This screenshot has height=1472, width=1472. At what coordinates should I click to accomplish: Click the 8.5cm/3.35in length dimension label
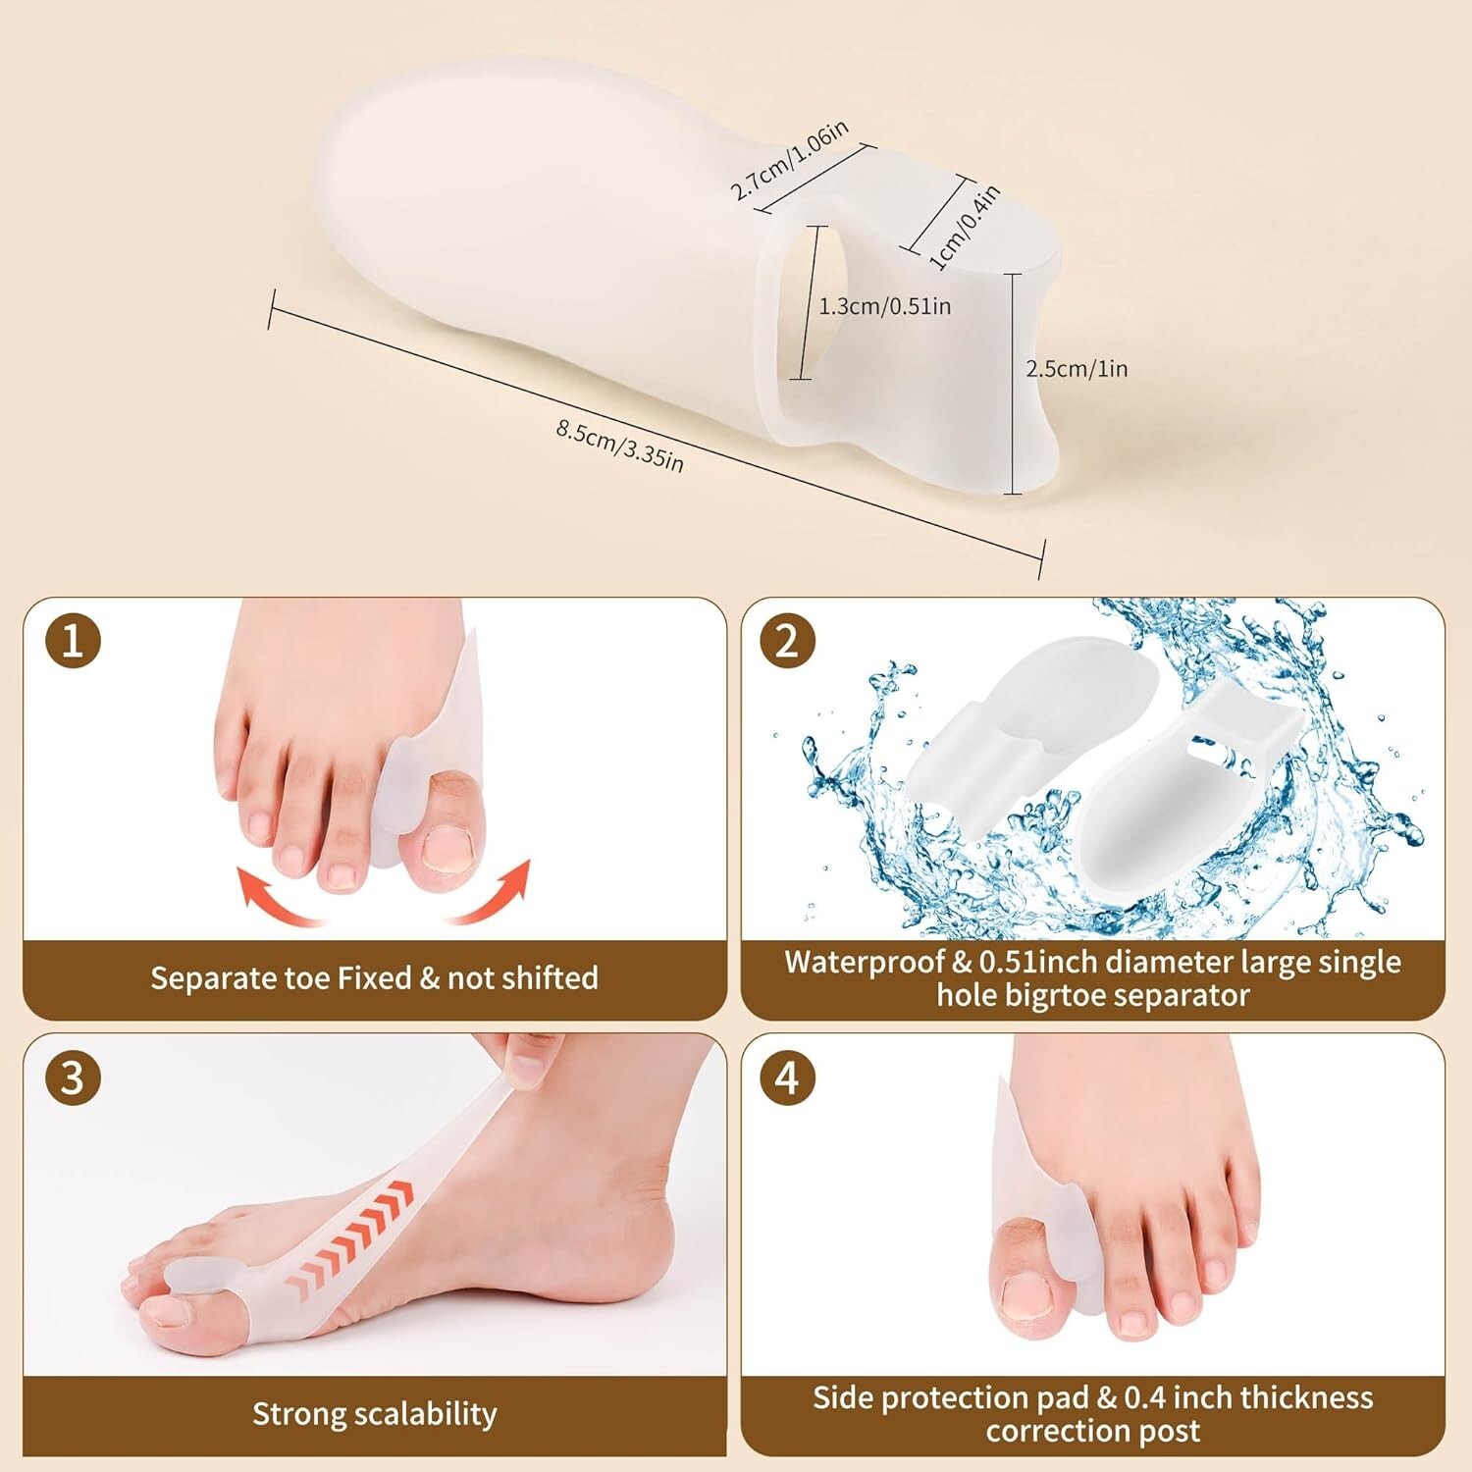(619, 445)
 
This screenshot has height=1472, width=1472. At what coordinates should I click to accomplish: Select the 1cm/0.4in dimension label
(965, 227)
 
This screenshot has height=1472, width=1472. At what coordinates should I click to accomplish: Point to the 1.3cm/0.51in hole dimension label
(885, 306)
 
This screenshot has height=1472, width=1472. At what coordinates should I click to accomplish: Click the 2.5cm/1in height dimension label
(1077, 369)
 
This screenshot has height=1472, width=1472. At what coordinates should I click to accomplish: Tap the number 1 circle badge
(74, 642)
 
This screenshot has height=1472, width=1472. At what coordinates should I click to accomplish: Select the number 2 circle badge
(788, 642)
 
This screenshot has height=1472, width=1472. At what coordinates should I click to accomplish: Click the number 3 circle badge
(74, 1078)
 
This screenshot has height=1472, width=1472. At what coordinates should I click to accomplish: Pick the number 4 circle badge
(788, 1078)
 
